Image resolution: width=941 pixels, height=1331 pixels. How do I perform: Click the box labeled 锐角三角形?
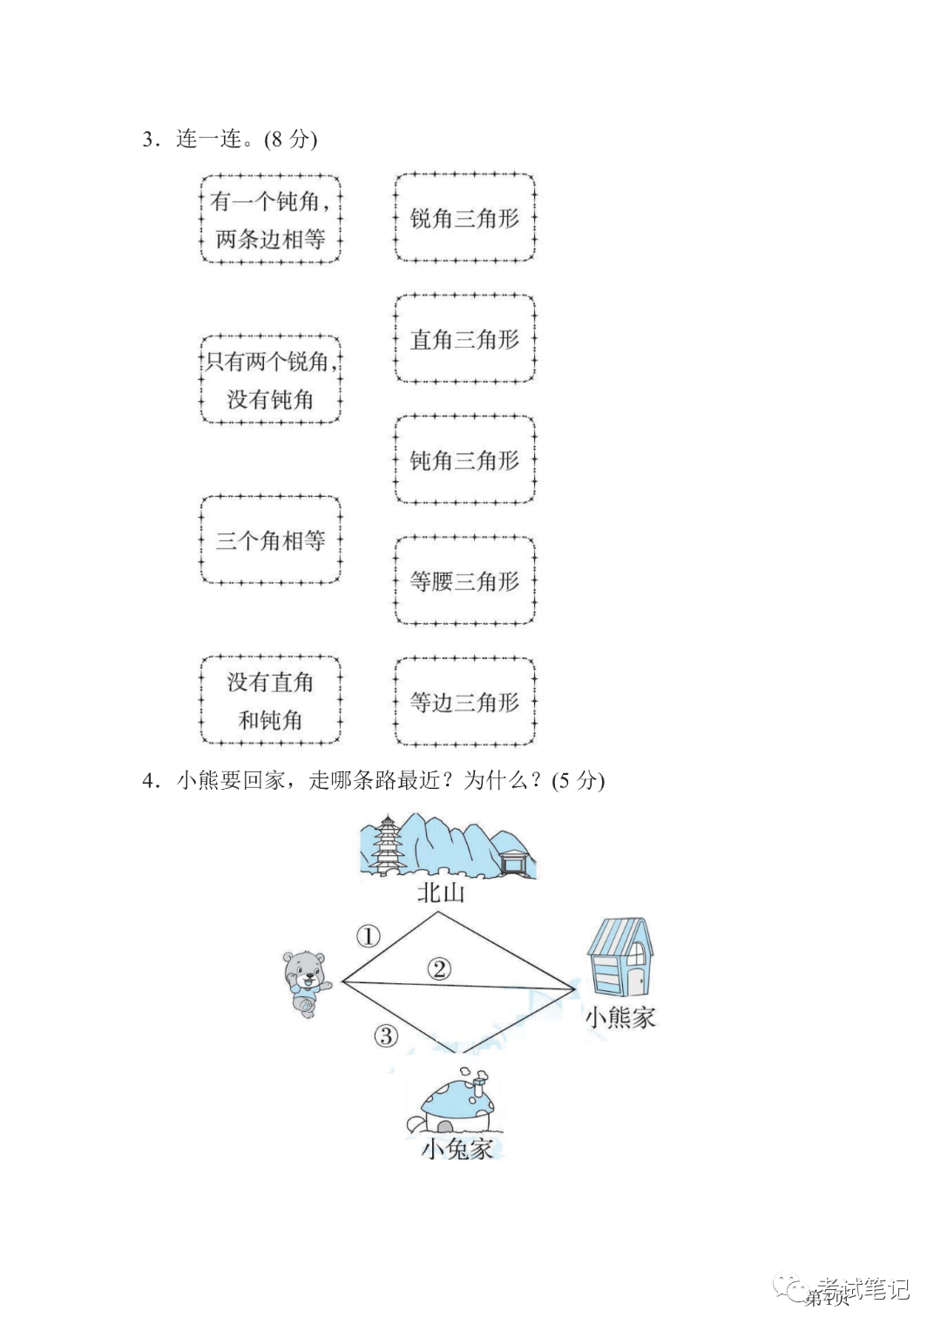point(464,218)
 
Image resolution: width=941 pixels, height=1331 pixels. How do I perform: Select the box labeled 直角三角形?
point(464,339)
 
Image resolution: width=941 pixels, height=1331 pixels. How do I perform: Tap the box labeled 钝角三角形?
point(464,460)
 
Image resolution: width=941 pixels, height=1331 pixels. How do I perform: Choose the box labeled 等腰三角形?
point(464,581)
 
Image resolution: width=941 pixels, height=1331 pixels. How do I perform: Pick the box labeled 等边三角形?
point(464,702)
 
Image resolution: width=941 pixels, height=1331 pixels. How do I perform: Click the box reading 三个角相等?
point(270,540)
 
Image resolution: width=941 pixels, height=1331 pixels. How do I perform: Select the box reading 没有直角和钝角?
point(270,701)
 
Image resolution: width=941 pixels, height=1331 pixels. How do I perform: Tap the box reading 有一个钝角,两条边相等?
point(270,220)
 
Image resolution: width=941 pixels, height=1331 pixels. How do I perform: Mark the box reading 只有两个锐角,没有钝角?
point(270,380)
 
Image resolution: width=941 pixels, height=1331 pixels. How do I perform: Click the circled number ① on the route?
point(369,937)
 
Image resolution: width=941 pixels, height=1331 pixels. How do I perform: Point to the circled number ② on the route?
point(440,968)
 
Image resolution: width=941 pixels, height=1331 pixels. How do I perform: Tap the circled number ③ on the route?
point(386,1036)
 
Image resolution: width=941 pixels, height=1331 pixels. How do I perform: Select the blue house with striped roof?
point(619,956)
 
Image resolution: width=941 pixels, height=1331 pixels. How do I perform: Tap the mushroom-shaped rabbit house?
point(454,1103)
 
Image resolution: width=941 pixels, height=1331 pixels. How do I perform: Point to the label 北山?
point(440,893)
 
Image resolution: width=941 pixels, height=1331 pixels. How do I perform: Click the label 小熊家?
point(619,1016)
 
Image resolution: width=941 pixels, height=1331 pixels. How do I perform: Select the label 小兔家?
point(457,1148)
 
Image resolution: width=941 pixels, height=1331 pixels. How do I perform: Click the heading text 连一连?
point(209,139)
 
